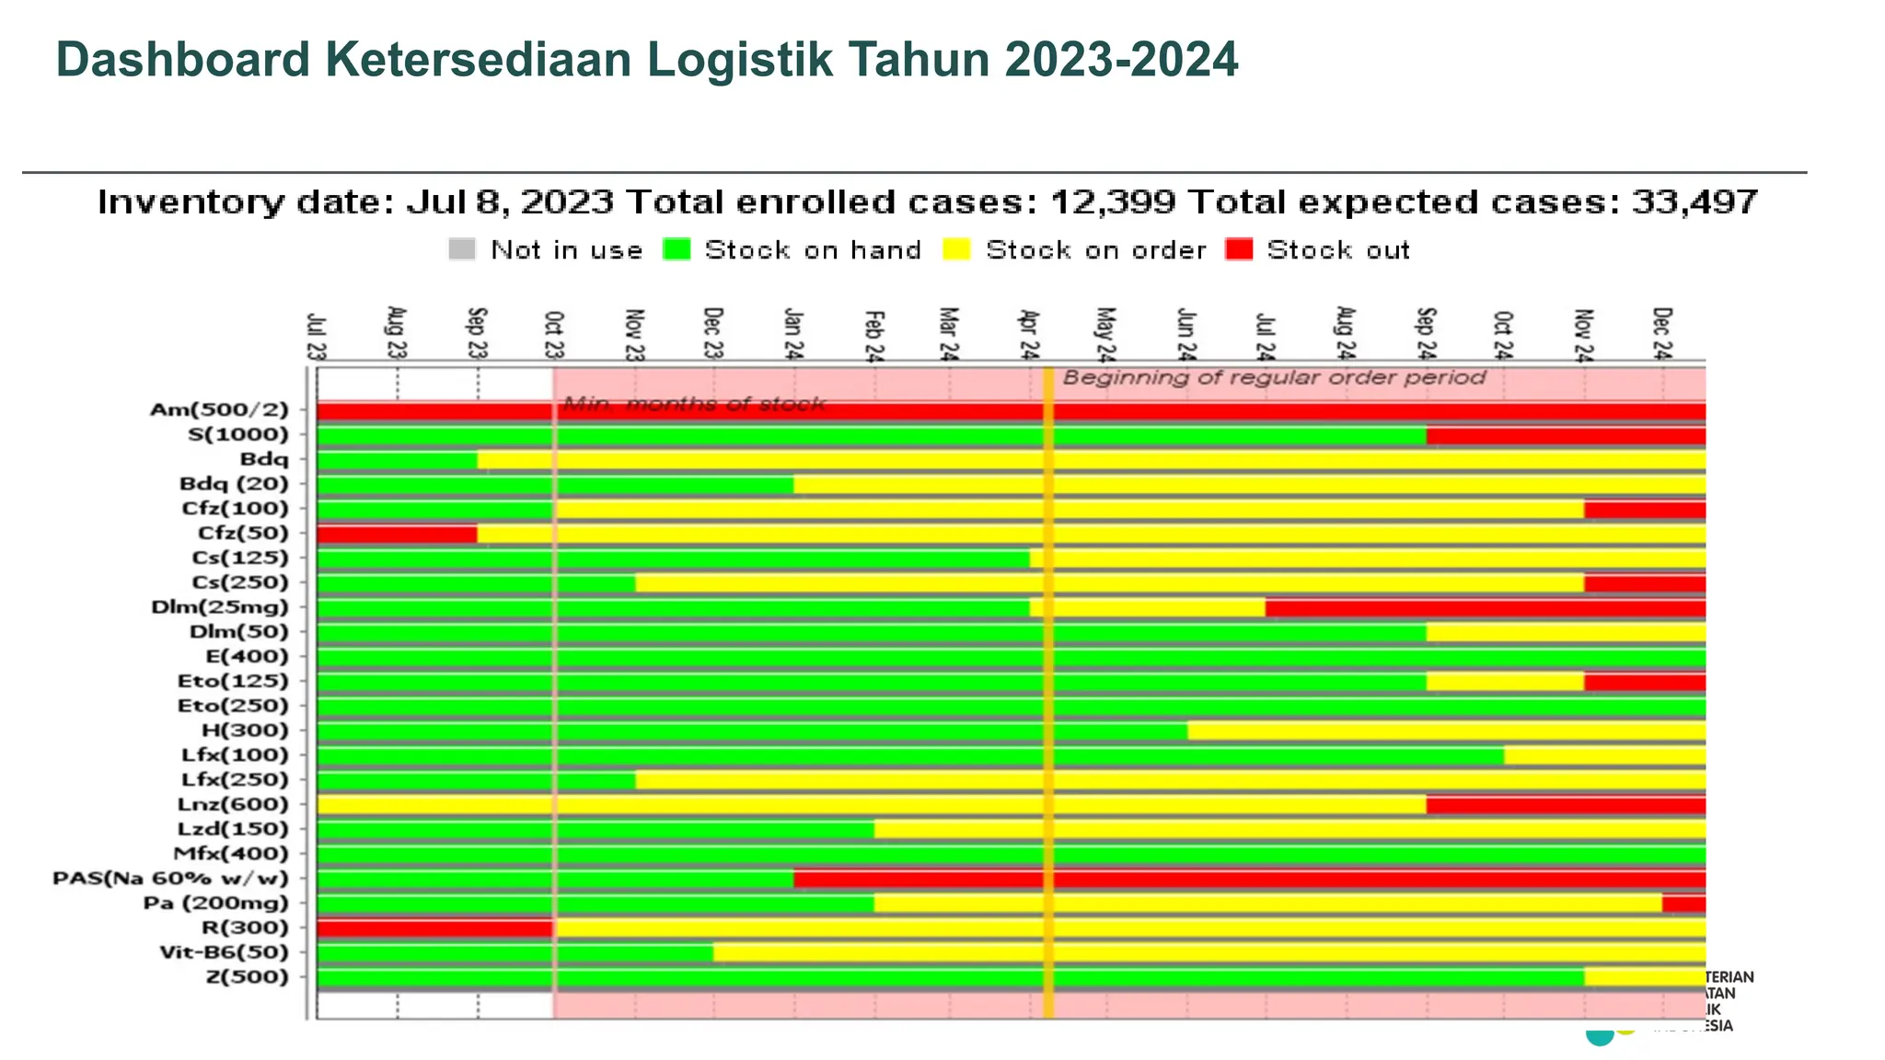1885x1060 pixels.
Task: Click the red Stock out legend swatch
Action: (1239, 249)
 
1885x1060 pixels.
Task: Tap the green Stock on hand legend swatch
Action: (677, 249)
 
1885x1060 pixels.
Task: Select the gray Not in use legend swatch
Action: (462, 249)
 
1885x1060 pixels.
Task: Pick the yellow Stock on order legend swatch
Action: (957, 249)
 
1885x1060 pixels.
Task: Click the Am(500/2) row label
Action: (219, 410)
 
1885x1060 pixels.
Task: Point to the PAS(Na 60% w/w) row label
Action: (170, 879)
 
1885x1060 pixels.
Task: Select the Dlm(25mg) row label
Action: (219, 607)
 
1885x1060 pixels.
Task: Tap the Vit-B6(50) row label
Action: (224, 952)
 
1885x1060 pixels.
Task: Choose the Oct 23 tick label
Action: (554, 336)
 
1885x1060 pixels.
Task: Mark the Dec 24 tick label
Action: (1662, 334)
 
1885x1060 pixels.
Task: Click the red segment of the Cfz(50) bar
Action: (397, 534)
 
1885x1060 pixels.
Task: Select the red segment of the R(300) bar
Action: (434, 927)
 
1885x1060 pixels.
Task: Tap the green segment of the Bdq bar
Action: (397, 459)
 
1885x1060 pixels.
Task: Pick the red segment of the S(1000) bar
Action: (1565, 435)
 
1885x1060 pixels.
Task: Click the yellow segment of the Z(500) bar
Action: (1644, 977)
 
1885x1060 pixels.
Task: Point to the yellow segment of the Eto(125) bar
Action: (1505, 682)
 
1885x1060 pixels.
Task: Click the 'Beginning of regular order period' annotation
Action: (1274, 377)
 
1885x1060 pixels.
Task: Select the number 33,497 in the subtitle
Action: (1694, 202)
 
